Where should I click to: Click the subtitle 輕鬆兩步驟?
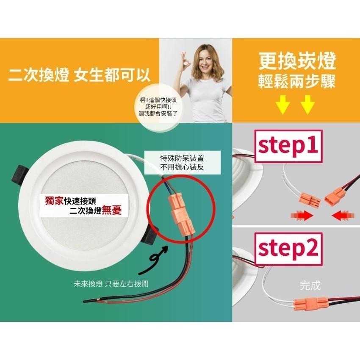(297, 82)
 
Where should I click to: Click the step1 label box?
(288, 145)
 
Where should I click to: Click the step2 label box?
(288, 248)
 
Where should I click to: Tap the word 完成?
(310, 285)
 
